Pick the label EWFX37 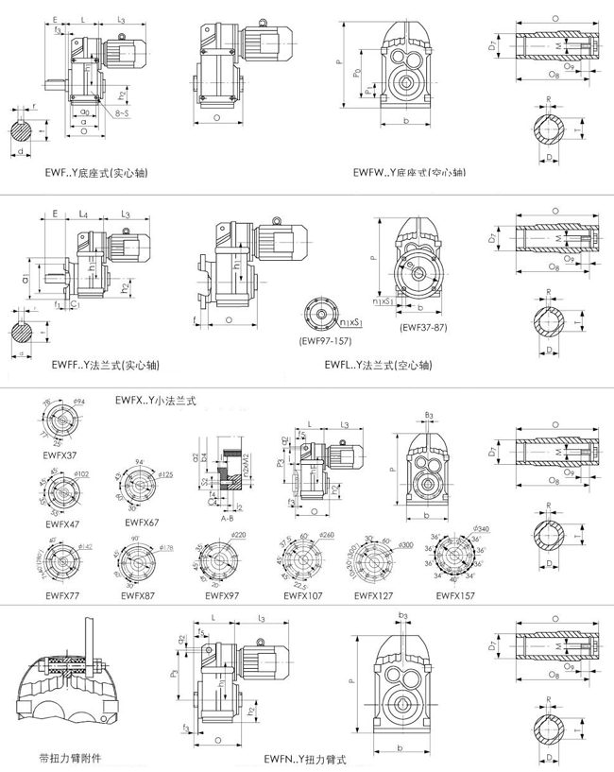(62, 455)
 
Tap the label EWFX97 (218, 595)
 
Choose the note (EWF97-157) (325, 337)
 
